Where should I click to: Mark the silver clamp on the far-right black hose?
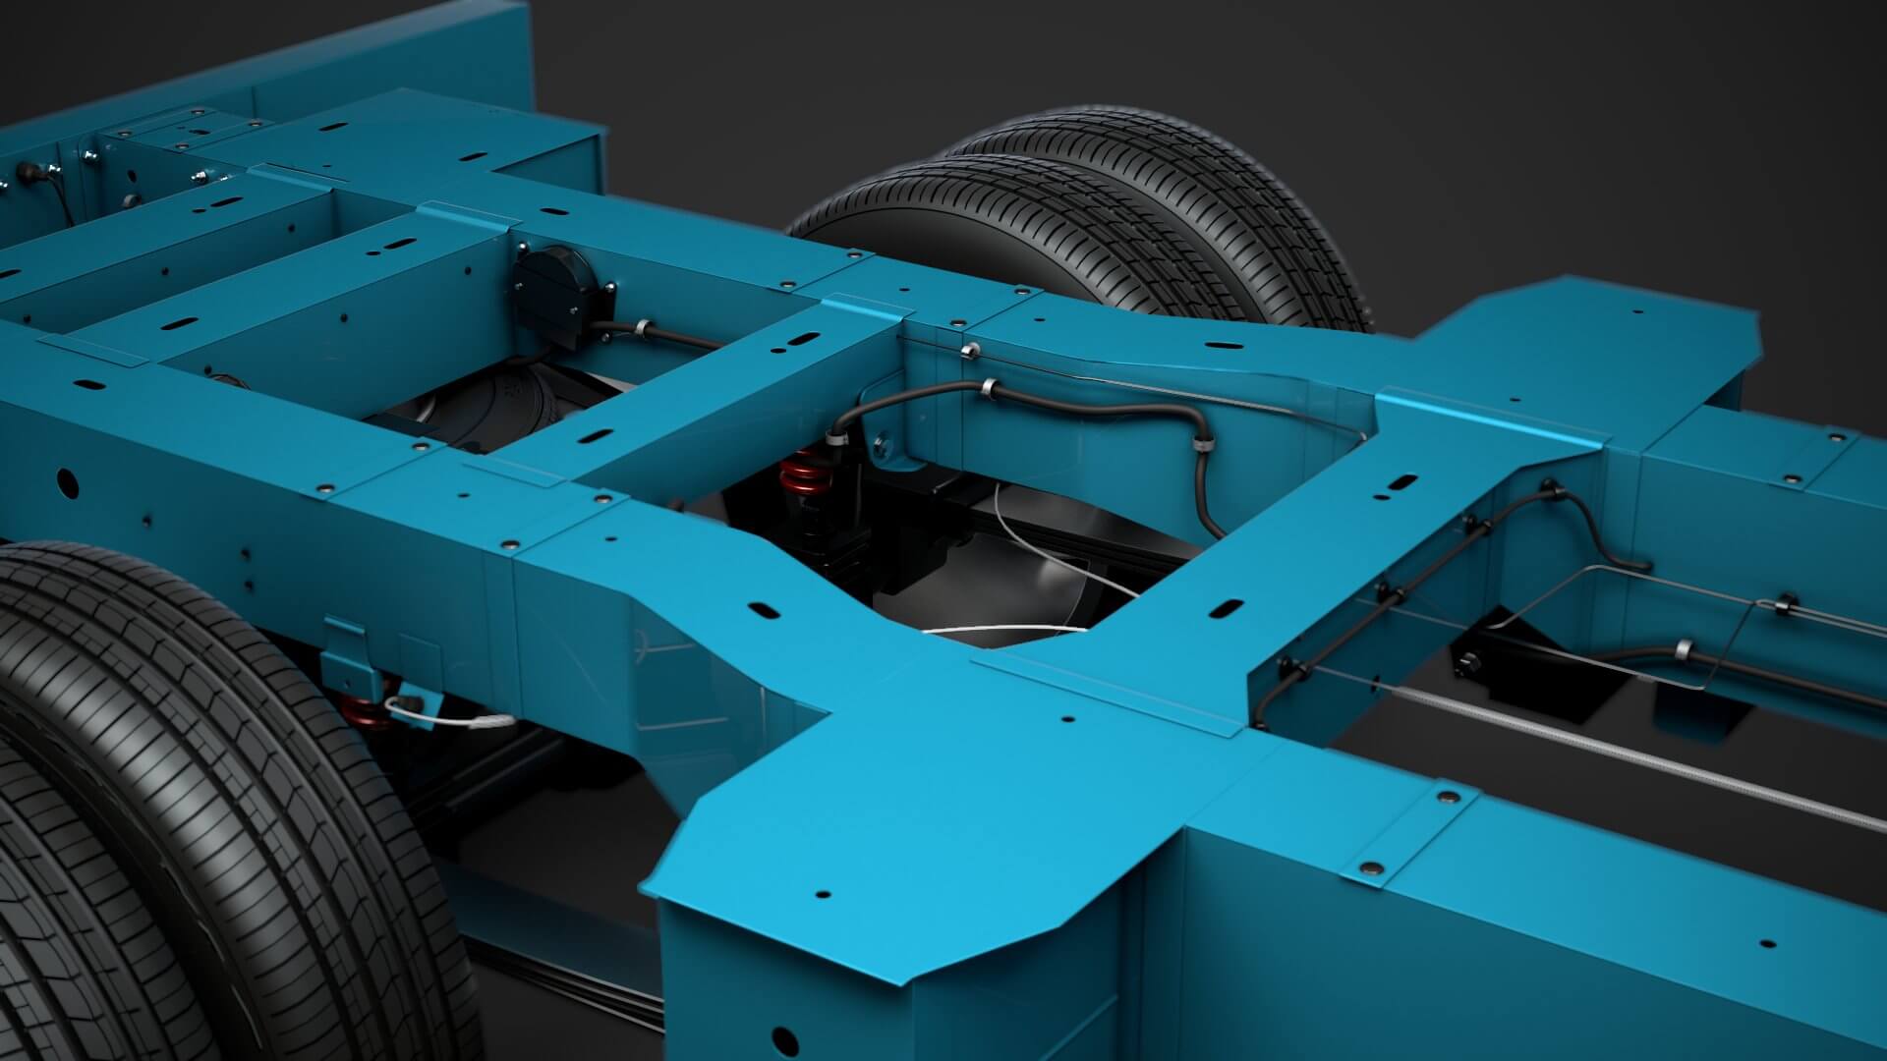(x=1684, y=648)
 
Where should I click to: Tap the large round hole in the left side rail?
(x=66, y=481)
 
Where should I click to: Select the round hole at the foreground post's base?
(x=783, y=1036)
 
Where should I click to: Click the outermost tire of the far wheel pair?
(x=1179, y=187)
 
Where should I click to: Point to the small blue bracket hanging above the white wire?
(x=347, y=653)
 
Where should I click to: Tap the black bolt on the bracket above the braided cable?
(x=1470, y=663)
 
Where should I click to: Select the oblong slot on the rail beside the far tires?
(x=1222, y=346)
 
